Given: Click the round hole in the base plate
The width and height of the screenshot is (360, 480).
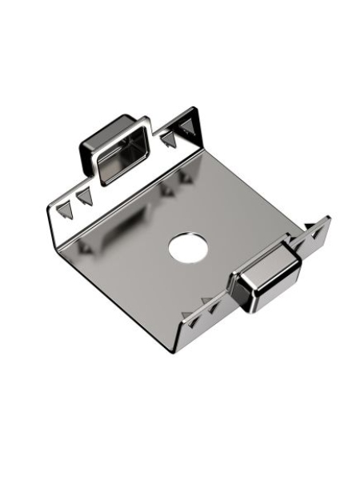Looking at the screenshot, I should click(187, 248).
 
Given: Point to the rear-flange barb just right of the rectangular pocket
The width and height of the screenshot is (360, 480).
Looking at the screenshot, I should click(167, 139).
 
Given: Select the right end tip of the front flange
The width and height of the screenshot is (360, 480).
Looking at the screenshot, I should click(328, 218).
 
